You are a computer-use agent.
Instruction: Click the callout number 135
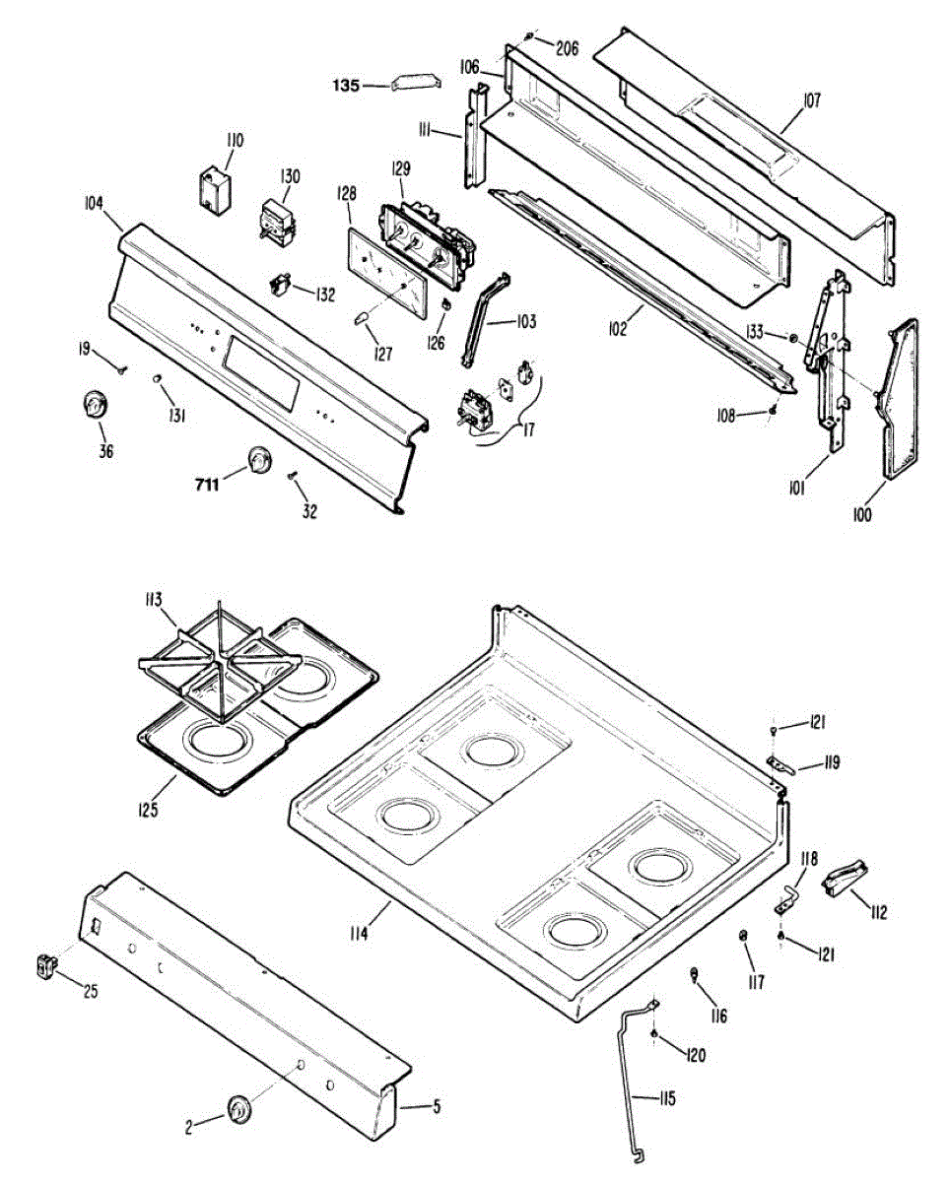(x=345, y=86)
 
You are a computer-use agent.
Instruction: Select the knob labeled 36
(x=95, y=405)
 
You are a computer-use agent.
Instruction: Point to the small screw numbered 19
(x=120, y=370)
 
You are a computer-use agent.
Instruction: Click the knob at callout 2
(x=238, y=1107)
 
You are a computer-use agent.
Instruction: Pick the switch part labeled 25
(x=43, y=966)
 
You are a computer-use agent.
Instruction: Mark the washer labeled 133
(x=792, y=339)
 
